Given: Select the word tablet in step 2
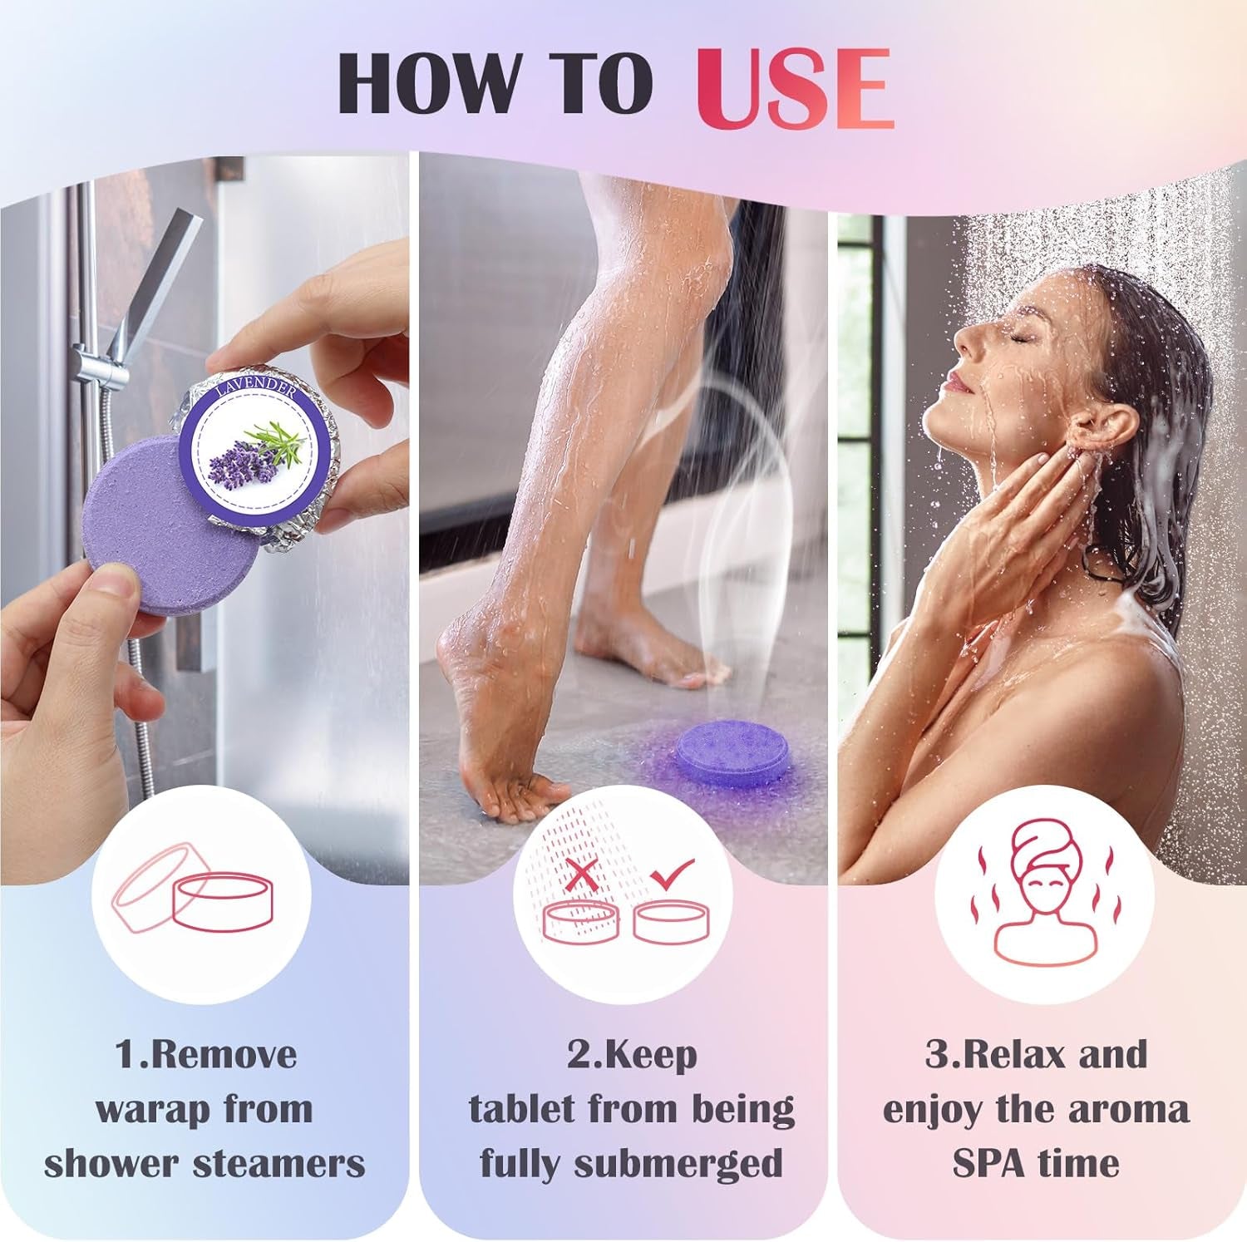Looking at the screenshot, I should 521,1109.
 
